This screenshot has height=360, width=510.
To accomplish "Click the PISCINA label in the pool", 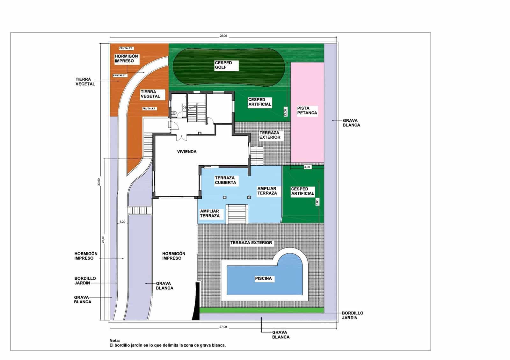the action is click(263, 278).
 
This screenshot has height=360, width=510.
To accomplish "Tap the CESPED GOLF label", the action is click(223, 65).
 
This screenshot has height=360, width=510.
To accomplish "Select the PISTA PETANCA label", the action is click(307, 111).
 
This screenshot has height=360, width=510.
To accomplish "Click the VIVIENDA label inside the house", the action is click(187, 152).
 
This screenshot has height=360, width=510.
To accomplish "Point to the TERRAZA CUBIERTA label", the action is click(225, 180).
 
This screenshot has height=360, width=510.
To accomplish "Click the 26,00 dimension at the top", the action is click(223, 36).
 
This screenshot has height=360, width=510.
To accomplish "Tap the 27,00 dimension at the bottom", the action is click(223, 327).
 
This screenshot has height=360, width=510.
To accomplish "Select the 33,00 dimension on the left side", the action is click(99, 182).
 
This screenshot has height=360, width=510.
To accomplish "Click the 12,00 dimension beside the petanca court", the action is click(286, 112).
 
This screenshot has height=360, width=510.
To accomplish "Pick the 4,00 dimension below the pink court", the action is click(307, 167).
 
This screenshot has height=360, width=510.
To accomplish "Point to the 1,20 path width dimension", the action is click(122, 222).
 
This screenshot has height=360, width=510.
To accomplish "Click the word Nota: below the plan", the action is click(115, 341).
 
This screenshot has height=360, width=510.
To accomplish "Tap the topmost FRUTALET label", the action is click(126, 48).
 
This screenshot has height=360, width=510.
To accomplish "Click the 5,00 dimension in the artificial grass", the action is click(317, 202).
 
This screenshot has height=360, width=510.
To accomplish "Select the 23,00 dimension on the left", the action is click(103, 239).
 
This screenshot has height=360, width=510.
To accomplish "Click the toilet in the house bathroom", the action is click(174, 112).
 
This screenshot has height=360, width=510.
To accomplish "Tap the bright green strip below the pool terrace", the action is click(262, 310).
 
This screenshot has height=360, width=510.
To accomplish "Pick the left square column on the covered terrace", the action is click(224, 198).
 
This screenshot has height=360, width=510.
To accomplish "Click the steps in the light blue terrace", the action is click(237, 214).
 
